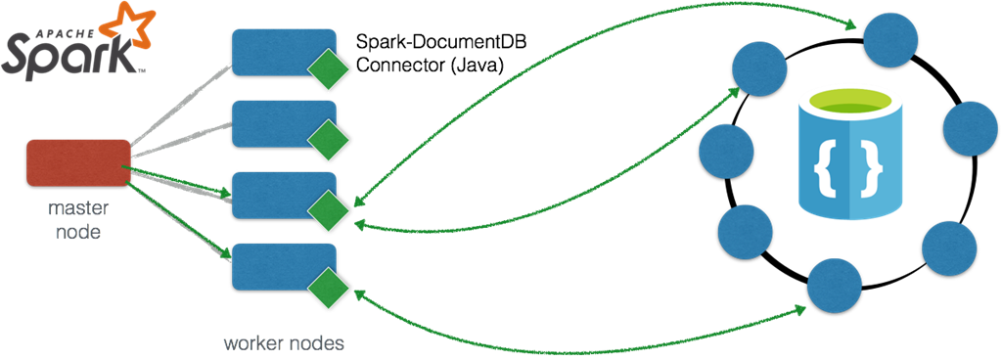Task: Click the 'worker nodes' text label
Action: [284, 343]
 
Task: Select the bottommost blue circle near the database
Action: [834, 286]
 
